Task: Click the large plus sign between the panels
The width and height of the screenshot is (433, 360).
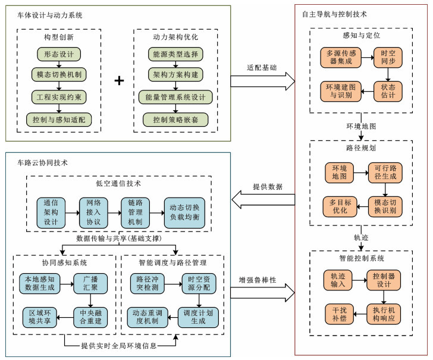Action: pos(119,81)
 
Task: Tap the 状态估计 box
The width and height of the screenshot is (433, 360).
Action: pos(391,92)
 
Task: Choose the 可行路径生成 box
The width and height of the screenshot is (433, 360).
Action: pos(384,172)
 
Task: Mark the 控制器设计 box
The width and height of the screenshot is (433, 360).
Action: pos(384,281)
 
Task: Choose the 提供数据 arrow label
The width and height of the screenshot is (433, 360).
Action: pos(263,186)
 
